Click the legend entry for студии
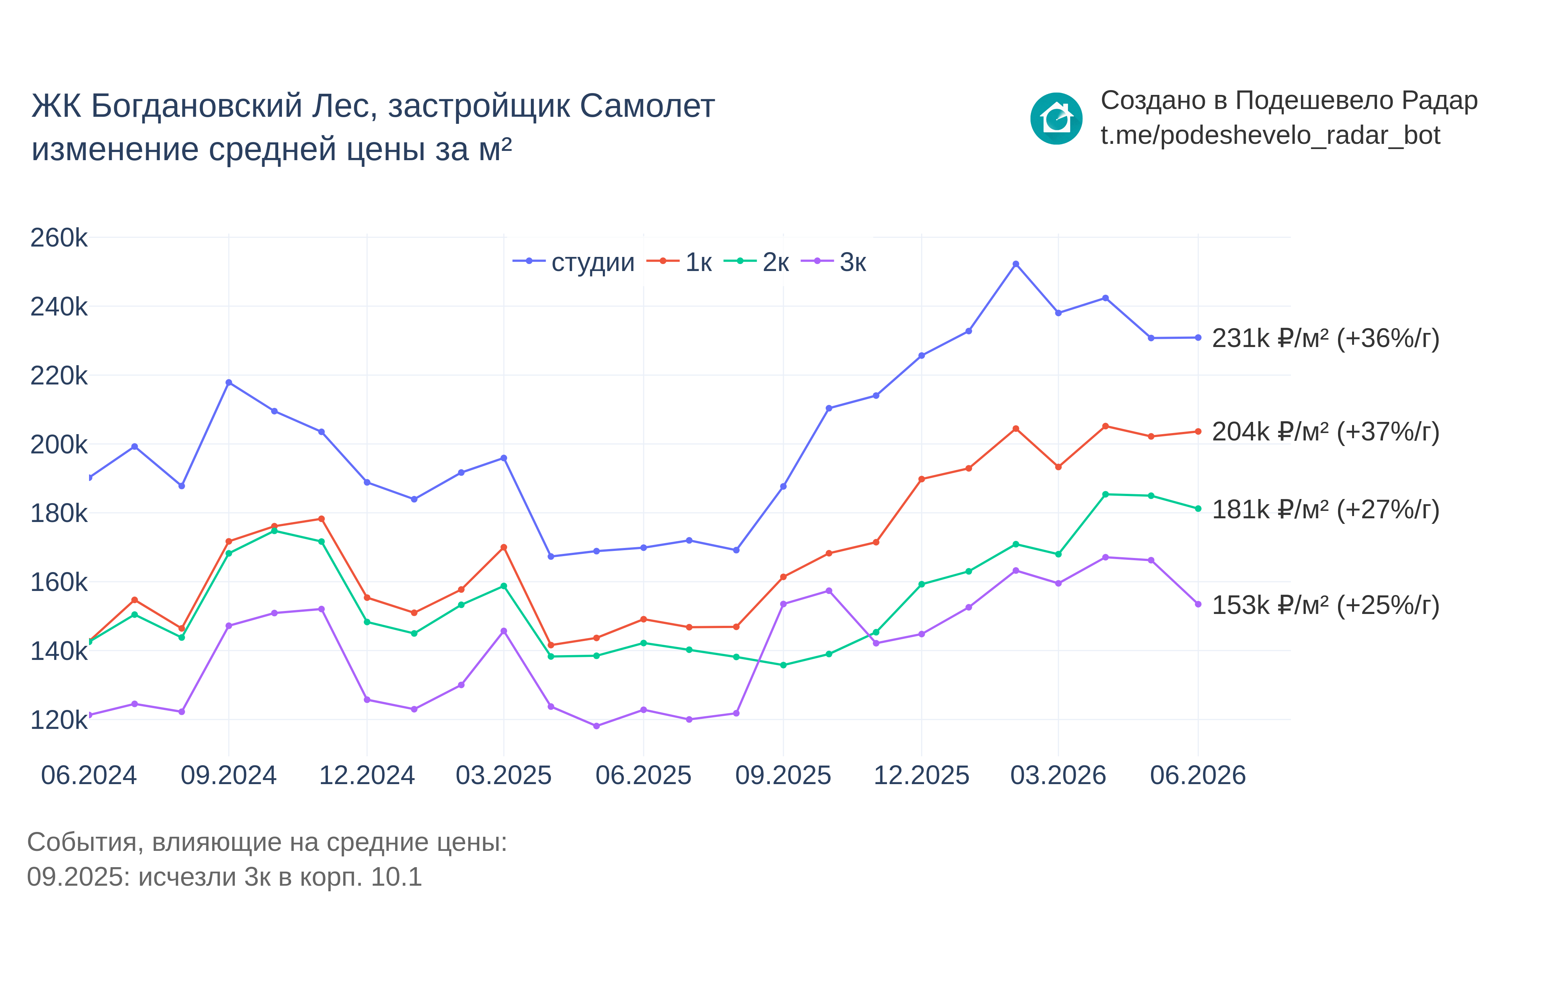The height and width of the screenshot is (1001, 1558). coord(573,262)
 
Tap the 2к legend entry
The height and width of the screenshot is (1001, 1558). coord(756,262)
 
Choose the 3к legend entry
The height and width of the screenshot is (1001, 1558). coord(834,262)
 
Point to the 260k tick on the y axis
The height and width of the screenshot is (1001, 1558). coord(59,238)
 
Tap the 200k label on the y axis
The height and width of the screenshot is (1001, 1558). coord(59,445)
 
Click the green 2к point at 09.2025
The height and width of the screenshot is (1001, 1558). coord(783,665)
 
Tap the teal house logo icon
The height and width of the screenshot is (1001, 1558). coord(1056,118)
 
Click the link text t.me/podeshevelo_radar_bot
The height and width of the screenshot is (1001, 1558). coord(1270,135)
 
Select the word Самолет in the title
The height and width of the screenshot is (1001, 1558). coord(647,106)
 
